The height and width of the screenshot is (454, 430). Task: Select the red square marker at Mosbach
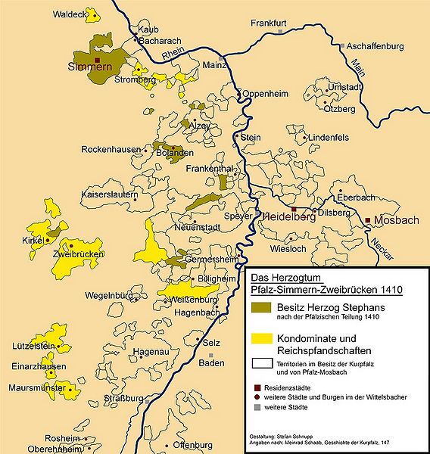click(x=368, y=220)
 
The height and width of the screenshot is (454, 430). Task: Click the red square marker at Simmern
click(x=98, y=58)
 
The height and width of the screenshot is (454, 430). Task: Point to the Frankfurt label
click(x=269, y=23)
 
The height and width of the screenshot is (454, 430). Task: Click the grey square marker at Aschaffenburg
click(x=342, y=46)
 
